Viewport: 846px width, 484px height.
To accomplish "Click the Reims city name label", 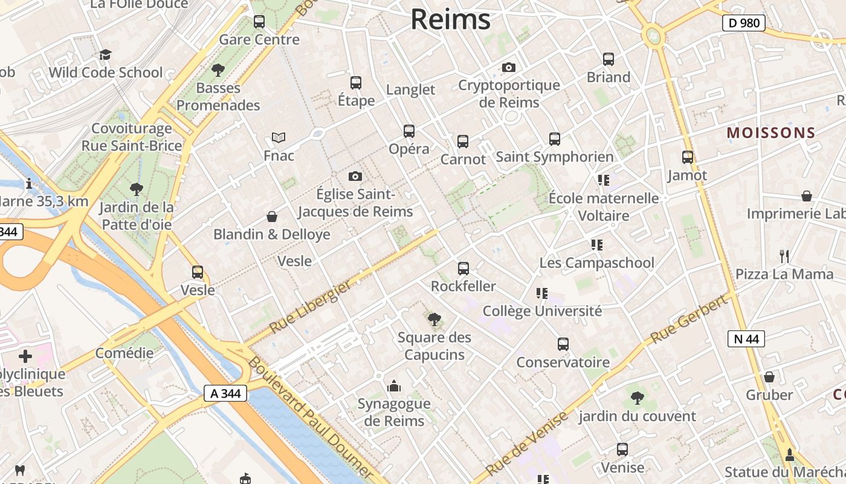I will [450, 19].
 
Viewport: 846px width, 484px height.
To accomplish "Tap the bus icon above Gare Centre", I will [259, 22].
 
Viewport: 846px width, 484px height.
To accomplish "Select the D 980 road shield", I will [743, 24].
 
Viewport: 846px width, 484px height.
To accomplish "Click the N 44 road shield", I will [746, 339].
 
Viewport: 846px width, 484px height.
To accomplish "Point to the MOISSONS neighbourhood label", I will [771, 133].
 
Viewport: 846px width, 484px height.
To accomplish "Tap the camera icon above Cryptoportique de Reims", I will [509, 67].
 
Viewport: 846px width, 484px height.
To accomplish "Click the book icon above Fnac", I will [278, 138].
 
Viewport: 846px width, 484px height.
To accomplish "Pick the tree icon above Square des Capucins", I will [434, 319].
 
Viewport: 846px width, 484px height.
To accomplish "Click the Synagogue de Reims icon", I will [394, 385].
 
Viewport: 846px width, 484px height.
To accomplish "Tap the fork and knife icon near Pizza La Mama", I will [784, 257].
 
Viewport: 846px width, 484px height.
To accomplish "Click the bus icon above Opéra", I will [409, 131].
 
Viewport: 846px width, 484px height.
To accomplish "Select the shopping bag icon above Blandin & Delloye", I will [272, 217].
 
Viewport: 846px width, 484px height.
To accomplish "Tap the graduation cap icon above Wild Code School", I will [106, 55].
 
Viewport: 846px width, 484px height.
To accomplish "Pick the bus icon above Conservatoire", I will [563, 344].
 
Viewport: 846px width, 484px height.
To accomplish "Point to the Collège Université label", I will [542, 311].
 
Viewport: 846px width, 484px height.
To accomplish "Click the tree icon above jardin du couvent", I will [637, 397].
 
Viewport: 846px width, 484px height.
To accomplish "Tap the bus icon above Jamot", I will [687, 157].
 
